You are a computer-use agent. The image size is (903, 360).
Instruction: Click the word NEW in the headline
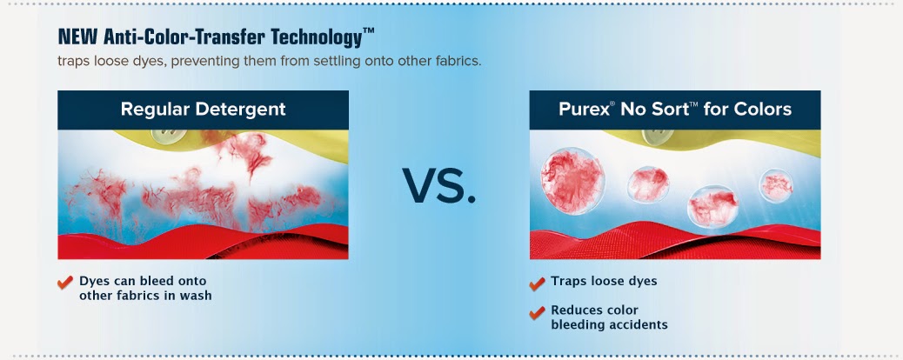click(x=78, y=37)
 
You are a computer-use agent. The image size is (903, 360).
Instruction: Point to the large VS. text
click(x=438, y=185)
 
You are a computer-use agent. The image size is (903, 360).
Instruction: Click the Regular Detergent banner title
click(x=204, y=110)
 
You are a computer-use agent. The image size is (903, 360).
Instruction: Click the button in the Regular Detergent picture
click(x=169, y=136)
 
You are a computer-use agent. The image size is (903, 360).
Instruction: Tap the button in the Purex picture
click(x=658, y=136)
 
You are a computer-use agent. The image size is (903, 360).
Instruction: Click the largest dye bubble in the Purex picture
click(x=572, y=181)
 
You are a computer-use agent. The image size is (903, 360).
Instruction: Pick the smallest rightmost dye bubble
click(x=776, y=185)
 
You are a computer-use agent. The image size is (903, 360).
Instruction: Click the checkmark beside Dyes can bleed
click(x=65, y=283)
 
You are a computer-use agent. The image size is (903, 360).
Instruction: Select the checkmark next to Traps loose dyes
click(x=537, y=283)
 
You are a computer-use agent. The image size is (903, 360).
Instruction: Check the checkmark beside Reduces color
click(x=537, y=312)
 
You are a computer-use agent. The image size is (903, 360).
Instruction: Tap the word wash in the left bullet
click(x=195, y=296)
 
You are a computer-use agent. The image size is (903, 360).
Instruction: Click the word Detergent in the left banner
click(x=244, y=110)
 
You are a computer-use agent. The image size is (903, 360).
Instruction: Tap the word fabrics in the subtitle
click(x=458, y=61)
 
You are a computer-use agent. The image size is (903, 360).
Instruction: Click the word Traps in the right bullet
click(x=568, y=281)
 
